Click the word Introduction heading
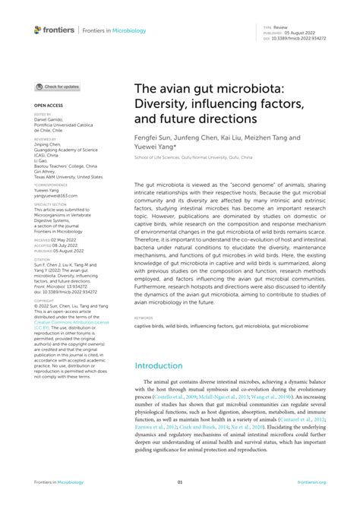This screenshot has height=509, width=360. click(165, 365)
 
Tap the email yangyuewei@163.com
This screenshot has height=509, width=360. click(56, 196)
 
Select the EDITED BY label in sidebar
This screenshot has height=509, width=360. click(43, 114)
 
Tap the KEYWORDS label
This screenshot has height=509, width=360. click(144, 318)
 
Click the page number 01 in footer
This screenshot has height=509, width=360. click(180, 482)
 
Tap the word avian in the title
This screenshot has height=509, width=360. click(177, 87)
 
